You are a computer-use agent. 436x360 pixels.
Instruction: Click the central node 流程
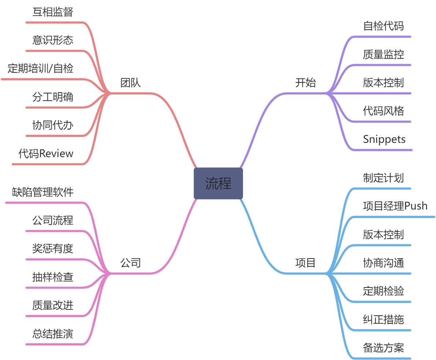tap(218, 183)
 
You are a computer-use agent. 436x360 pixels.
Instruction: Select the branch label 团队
tap(130, 83)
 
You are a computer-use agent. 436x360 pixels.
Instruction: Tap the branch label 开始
tap(305, 83)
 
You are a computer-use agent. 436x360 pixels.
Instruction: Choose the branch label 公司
tap(130, 263)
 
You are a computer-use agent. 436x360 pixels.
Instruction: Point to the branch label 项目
tap(305, 263)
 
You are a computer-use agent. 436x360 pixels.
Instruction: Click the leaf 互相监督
tap(53, 12)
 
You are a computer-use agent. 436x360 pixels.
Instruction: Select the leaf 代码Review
tap(46, 153)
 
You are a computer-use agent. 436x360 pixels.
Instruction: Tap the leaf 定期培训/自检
tap(40, 68)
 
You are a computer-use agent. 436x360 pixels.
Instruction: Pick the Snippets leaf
tap(384, 139)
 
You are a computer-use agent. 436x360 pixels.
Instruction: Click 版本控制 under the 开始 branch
tap(383, 82)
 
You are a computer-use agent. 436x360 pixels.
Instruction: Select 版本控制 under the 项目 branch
tap(383, 234)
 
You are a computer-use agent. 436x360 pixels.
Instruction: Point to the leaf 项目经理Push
tap(395, 206)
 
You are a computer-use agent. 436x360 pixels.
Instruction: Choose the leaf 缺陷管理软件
tap(43, 192)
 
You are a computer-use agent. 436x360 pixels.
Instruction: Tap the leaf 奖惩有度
tap(53, 249)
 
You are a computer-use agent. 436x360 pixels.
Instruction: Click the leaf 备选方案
tap(383, 348)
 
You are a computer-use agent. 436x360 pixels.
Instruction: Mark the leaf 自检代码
tap(383, 26)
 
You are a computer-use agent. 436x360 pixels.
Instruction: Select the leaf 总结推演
tap(53, 334)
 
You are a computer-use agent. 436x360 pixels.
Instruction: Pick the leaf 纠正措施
tap(383, 319)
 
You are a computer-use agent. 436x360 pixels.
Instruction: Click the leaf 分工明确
tap(53, 97)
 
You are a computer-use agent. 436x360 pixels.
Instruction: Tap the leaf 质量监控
tap(383, 54)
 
